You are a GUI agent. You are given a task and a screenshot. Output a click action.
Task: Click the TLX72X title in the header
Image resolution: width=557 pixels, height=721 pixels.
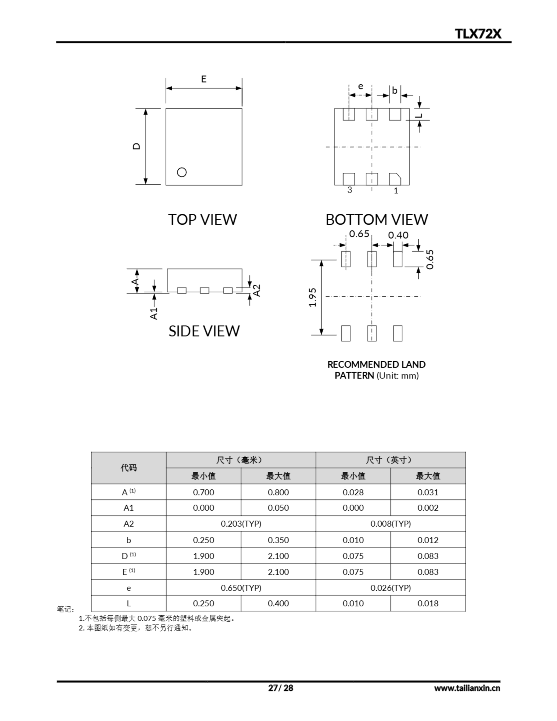tap(478, 34)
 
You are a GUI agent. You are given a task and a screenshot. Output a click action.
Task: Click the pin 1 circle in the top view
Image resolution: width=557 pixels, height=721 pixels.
tap(182, 172)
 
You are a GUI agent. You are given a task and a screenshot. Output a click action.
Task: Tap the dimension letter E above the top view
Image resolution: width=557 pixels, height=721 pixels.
tap(204, 79)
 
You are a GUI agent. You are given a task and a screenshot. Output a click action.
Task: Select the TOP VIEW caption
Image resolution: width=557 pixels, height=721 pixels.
tap(202, 219)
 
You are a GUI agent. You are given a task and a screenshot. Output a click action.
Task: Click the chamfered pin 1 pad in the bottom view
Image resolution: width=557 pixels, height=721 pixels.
tap(395, 179)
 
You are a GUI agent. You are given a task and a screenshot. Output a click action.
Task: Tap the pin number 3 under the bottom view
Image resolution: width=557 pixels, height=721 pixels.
tap(350, 190)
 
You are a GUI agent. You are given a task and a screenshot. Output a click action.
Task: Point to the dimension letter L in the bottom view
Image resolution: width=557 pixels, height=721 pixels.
tap(419, 115)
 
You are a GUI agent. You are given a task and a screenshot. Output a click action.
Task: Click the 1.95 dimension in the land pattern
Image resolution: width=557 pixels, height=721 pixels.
tap(313, 297)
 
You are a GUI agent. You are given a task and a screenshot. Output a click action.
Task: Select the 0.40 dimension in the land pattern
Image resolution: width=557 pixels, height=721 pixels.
tap(398, 235)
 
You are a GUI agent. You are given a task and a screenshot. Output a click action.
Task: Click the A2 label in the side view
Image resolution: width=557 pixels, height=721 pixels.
tap(257, 291)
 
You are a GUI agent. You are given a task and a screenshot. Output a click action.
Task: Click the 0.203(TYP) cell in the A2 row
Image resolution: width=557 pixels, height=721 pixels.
tap(241, 524)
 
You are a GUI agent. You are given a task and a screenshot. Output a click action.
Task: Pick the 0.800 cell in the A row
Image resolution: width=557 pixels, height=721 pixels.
tap(278, 492)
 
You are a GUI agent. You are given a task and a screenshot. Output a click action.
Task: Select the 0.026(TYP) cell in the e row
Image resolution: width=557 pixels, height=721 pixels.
tap(390, 588)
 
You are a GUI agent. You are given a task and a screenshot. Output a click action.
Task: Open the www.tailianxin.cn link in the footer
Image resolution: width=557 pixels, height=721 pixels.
tap(467, 688)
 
